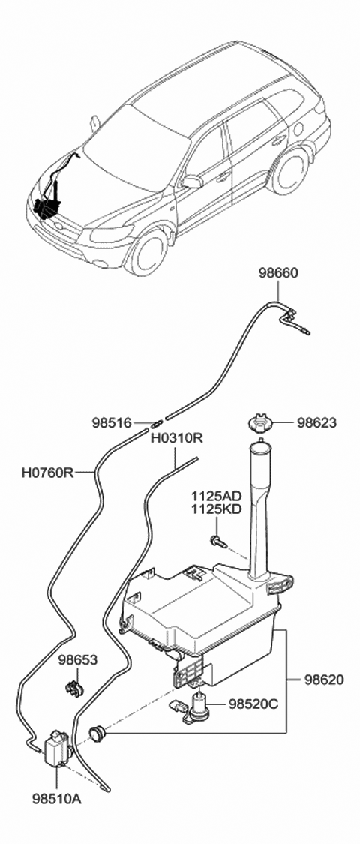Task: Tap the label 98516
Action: [113, 423]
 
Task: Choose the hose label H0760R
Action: [47, 473]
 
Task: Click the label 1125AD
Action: [215, 497]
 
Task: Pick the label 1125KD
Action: [215, 509]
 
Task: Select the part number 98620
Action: [324, 680]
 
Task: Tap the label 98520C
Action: [253, 704]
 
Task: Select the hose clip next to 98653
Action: [73, 686]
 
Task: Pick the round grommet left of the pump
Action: [96, 731]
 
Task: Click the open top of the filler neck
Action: [259, 450]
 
